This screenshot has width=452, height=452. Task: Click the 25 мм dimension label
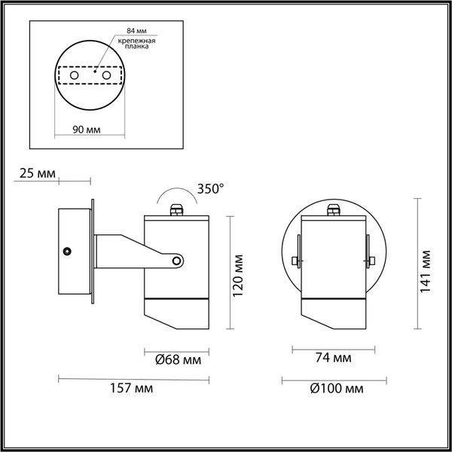(x=35, y=174)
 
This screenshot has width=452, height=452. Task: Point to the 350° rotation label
(x=209, y=188)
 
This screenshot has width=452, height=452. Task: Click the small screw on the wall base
(x=67, y=250)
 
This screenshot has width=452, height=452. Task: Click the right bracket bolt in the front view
(x=370, y=261)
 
